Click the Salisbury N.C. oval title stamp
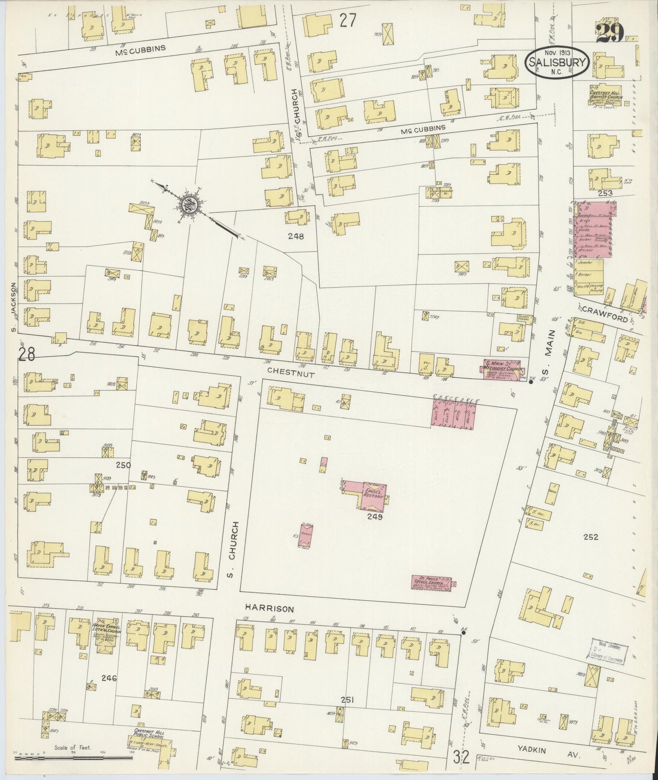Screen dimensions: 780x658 (x=558, y=62)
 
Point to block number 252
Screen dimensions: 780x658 (x=591, y=537)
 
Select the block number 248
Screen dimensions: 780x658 (x=296, y=236)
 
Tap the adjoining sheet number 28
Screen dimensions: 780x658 (x=27, y=354)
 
